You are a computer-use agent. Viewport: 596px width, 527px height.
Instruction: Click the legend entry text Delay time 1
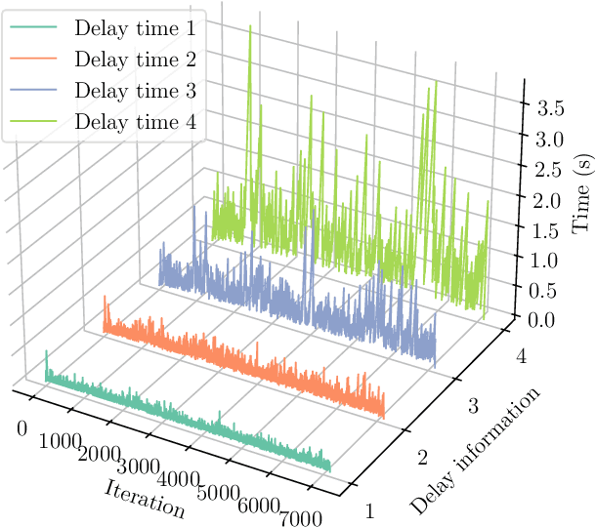tap(134, 28)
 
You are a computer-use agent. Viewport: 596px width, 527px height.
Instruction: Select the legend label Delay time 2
tap(134, 60)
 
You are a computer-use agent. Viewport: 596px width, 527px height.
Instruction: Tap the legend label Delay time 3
tap(134, 91)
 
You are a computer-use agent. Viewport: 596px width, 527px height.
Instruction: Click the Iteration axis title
tap(144, 499)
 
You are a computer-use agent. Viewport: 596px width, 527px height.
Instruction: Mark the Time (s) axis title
tap(581, 195)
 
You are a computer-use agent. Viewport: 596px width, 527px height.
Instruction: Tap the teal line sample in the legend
tap(33, 28)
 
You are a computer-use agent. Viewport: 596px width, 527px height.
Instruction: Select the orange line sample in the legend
tap(33, 60)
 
